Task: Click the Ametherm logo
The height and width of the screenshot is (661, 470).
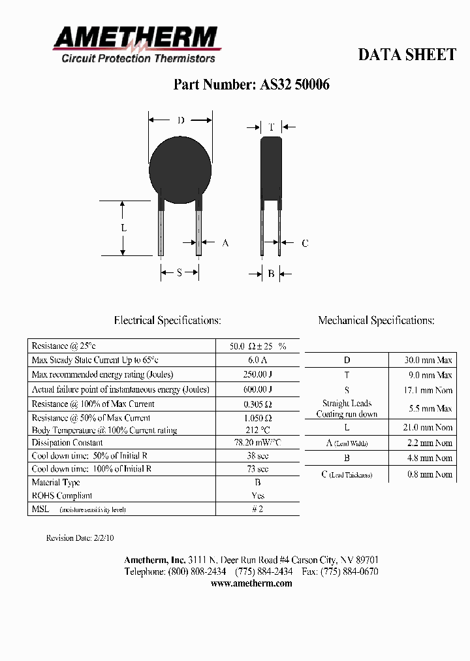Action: click(136, 44)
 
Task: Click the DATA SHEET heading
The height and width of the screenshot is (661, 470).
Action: click(407, 55)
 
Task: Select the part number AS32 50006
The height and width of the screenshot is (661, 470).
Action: click(251, 85)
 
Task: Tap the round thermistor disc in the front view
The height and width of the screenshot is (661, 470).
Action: click(181, 167)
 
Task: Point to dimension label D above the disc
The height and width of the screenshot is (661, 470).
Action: click(181, 120)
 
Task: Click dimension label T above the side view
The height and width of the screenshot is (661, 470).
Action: click(271, 127)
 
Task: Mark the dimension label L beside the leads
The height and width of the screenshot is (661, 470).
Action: click(123, 228)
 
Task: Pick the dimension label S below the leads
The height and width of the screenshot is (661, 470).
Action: click(180, 273)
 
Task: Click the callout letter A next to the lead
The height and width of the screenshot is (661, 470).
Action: click(225, 243)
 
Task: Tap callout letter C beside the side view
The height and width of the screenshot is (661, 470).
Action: click(304, 244)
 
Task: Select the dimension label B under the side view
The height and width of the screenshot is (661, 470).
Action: click(271, 274)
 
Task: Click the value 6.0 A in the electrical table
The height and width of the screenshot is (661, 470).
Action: click(258, 360)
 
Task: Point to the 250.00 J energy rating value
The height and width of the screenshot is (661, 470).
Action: click(258, 374)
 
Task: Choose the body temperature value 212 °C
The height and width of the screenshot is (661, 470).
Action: click(258, 430)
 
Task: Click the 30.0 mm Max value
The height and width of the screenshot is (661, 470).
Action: click(428, 360)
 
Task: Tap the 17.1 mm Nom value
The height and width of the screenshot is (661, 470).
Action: click(428, 390)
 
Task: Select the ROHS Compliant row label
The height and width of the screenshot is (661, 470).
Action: click(62, 496)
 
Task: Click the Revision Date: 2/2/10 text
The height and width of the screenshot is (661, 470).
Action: click(80, 538)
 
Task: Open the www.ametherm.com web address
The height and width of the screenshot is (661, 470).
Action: click(251, 583)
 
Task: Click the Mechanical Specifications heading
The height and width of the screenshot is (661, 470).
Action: click(376, 321)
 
